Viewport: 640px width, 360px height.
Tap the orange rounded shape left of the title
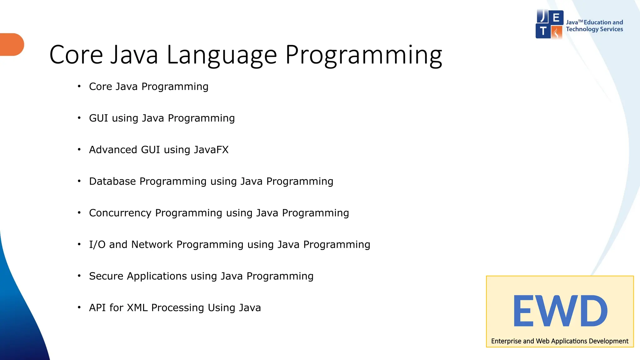(x=12, y=44)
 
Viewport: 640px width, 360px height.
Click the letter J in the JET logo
(x=543, y=17)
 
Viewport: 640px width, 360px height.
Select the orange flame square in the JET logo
(x=557, y=32)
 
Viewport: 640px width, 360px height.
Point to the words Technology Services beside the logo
(x=594, y=29)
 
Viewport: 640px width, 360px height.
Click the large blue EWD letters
(x=560, y=311)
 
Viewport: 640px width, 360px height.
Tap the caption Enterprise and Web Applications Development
(x=559, y=341)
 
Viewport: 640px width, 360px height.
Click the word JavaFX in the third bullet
(x=211, y=150)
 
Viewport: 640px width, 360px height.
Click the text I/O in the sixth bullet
(x=97, y=244)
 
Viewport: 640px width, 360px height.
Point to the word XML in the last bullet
(x=137, y=308)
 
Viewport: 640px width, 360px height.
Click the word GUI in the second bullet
(x=98, y=118)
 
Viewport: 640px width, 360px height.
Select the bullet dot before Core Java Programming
(x=79, y=86)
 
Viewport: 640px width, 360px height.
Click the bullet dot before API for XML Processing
(x=79, y=307)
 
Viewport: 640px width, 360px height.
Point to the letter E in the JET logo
(x=556, y=17)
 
